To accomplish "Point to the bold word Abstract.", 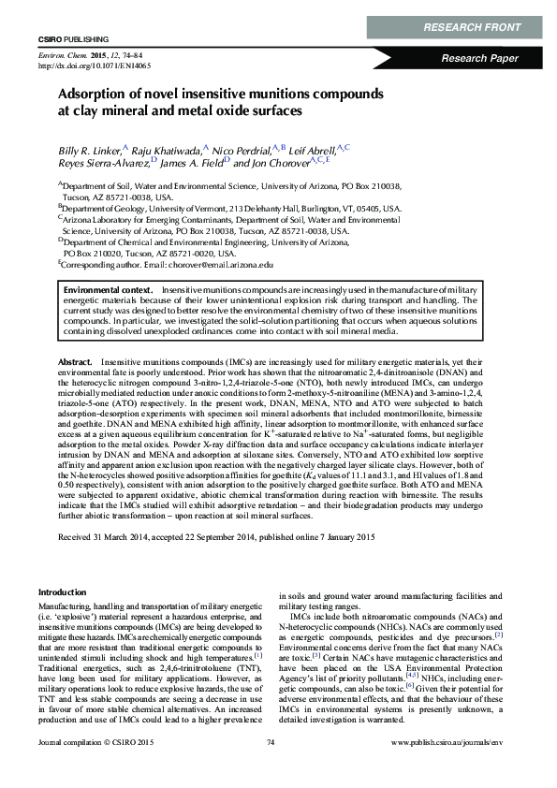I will click(x=74, y=360).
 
